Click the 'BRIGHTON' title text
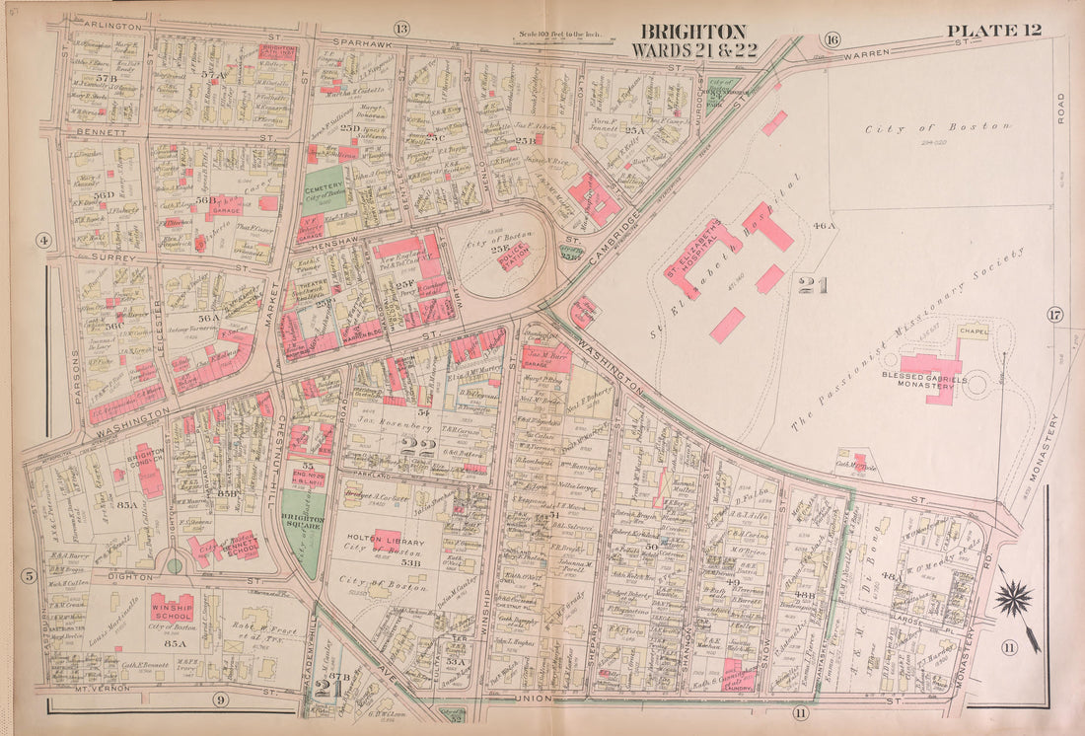[x=693, y=32]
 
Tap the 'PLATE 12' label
[x=993, y=30]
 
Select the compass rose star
[x=1014, y=598]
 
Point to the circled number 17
[x=1054, y=316]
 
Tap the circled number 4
[x=43, y=240]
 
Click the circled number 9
[x=220, y=700]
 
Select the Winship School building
[x=172, y=607]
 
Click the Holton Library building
[x=387, y=540]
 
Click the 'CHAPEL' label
[x=972, y=332]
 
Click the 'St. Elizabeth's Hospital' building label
[x=701, y=252]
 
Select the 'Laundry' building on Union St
[x=741, y=677]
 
